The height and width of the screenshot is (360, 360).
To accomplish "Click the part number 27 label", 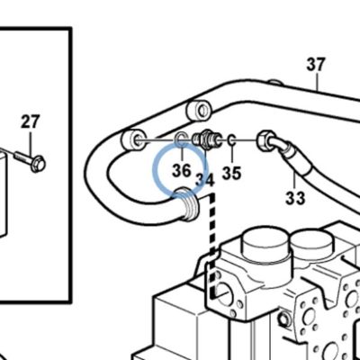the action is pyautogui.click(x=30, y=121).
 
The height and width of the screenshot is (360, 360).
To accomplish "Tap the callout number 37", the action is pyautogui.click(x=316, y=65).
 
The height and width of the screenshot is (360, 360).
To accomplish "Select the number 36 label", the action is pyautogui.click(x=182, y=170).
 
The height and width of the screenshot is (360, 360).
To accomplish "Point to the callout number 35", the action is pyautogui.click(x=231, y=173).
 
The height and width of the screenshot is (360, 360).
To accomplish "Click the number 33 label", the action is pyautogui.click(x=295, y=198).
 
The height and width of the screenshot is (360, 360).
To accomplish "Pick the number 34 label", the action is pyautogui.click(x=205, y=180).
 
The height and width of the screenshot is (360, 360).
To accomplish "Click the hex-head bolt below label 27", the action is pyautogui.click(x=30, y=160).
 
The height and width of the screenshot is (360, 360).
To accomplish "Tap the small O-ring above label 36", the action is pyautogui.click(x=181, y=139).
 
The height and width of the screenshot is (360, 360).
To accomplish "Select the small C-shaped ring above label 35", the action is pyautogui.click(x=231, y=139).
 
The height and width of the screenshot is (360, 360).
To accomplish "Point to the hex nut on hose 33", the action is pyautogui.click(x=265, y=140).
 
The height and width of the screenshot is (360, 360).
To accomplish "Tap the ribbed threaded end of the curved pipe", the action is pyautogui.click(x=187, y=204).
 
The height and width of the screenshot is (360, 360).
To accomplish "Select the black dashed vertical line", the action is pyautogui.click(x=212, y=246).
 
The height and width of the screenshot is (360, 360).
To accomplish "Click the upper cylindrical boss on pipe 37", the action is pyautogui.click(x=199, y=110).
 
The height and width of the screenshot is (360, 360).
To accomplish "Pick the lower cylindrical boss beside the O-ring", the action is pyautogui.click(x=134, y=140).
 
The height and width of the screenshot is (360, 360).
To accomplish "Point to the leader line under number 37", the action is pyautogui.click(x=317, y=81).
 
